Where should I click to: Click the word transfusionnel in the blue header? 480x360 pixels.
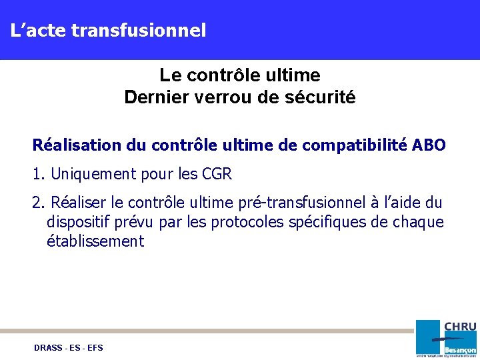coord(138,30)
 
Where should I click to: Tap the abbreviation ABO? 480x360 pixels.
coord(429,145)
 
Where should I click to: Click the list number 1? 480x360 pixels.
coord(37,175)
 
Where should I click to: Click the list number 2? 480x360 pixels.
coord(38,203)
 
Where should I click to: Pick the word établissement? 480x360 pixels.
coord(95,241)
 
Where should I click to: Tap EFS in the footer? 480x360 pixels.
coord(95,348)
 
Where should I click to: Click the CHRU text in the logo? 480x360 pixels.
coord(460,327)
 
